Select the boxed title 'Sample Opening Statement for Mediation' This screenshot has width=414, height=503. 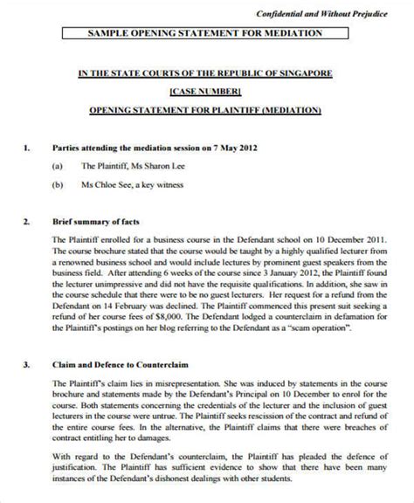tap(206, 34)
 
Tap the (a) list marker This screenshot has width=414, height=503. tap(57, 163)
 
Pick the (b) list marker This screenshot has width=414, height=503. tap(57, 184)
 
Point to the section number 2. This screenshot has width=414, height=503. tap(27, 222)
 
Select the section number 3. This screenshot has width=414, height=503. tap(27, 362)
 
